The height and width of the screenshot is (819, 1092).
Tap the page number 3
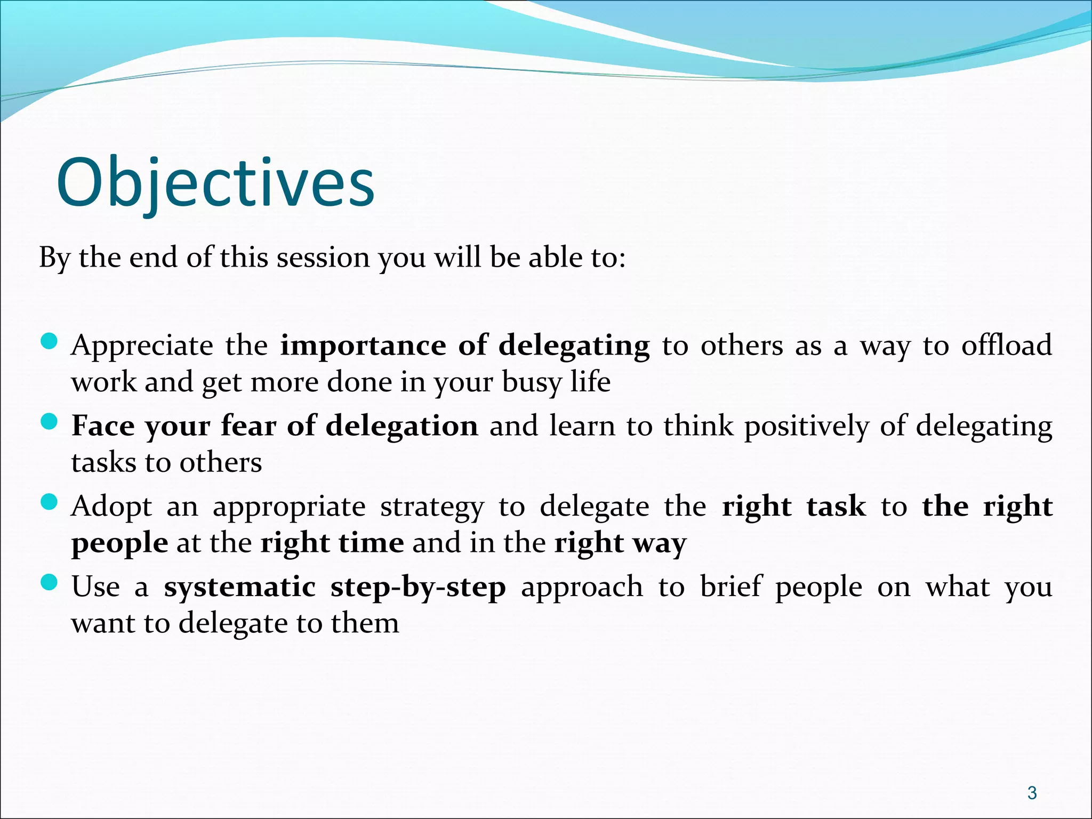pos(1032,793)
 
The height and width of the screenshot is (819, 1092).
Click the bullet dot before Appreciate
pos(49,341)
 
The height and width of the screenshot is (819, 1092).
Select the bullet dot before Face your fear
pos(49,422)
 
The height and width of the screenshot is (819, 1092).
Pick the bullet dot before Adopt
pos(49,502)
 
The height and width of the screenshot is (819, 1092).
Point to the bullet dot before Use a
pos(49,583)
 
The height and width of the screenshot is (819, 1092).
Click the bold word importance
pos(363,346)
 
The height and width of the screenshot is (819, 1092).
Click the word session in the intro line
pos(323,258)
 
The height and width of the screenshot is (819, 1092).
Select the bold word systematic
pos(240,587)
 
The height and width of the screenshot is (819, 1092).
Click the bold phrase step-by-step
pos(418,588)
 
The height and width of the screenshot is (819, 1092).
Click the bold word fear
pos(248,426)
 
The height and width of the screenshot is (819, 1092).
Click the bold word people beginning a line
pos(120,544)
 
